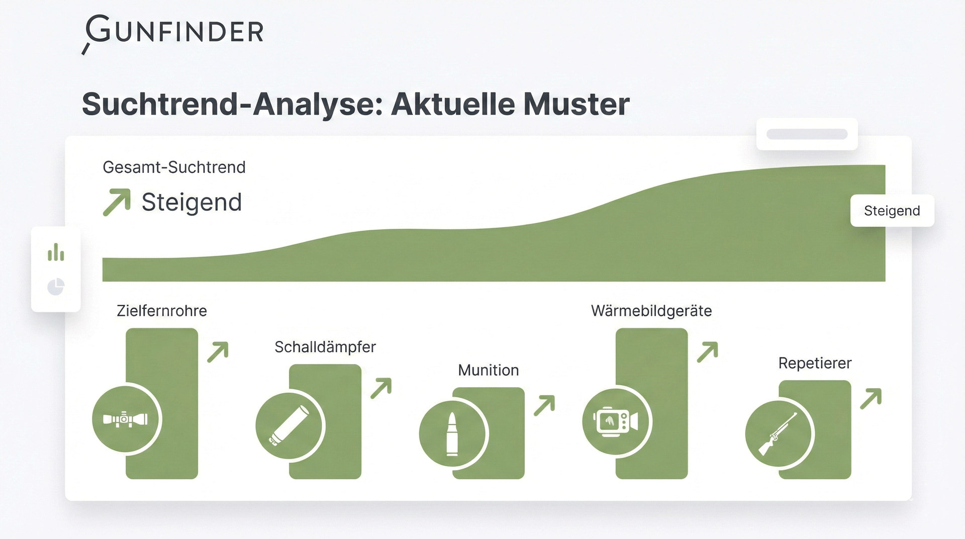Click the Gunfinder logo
[172, 33]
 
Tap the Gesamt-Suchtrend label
[174, 167]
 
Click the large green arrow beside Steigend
[117, 202]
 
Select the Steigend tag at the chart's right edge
[892, 211]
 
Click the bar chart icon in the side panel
[56, 252]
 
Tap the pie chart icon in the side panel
[56, 287]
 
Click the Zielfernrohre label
[162, 311]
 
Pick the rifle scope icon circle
[126, 419]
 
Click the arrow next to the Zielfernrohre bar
[218, 352]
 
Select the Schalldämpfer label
[325, 347]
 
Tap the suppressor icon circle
[290, 426]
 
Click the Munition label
[489, 370]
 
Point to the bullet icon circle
[453, 433]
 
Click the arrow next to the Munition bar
[544, 406]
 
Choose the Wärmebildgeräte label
[651, 311]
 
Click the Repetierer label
[815, 363]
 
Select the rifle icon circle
[780, 433]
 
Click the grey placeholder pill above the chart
[807, 134]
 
